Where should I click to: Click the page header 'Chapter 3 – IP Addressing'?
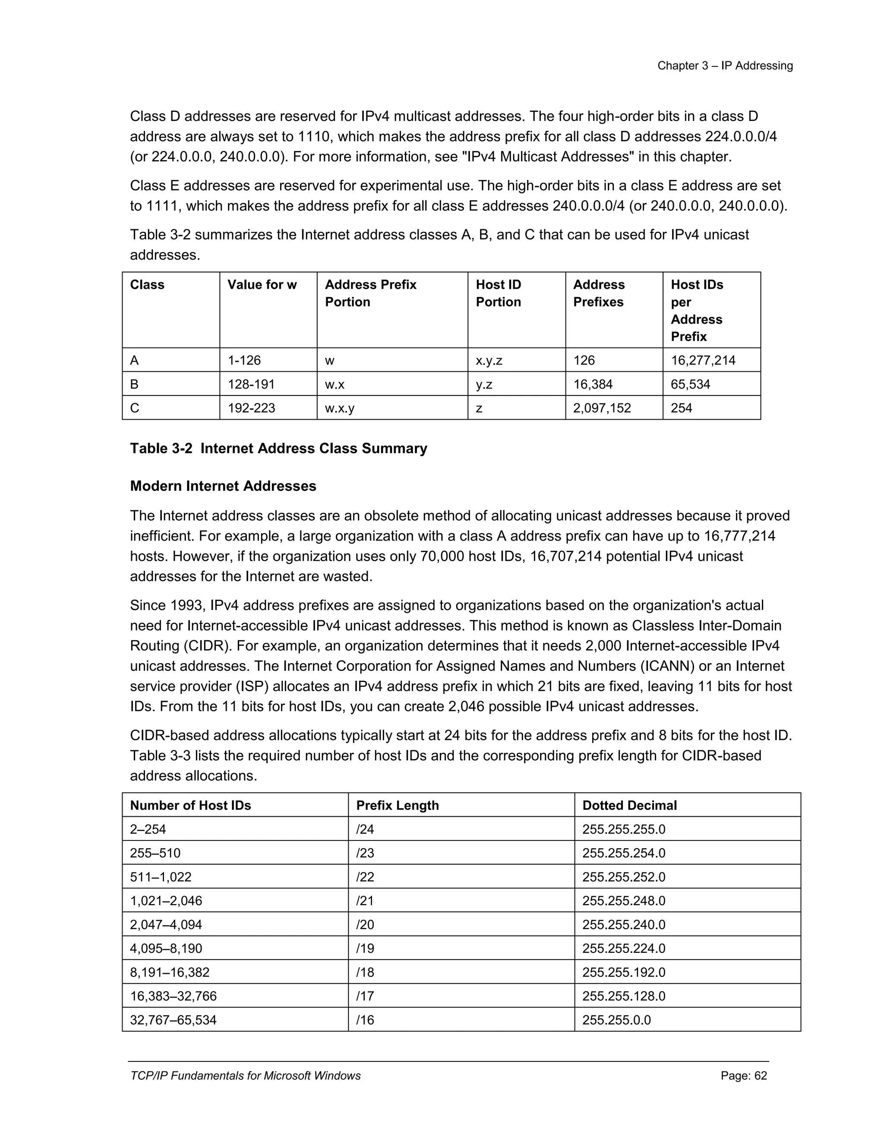click(x=725, y=66)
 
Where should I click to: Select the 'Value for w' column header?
click(x=262, y=284)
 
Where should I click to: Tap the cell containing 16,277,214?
click(x=703, y=360)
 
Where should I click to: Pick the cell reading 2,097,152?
click(x=602, y=408)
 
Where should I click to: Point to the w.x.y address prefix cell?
click(x=339, y=408)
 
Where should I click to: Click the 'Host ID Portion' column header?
click(x=498, y=293)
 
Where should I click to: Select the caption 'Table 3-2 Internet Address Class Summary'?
click(x=278, y=449)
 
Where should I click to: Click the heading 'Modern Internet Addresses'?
click(x=223, y=486)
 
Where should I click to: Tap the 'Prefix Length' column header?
click(x=398, y=805)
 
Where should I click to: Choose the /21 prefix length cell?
click(x=365, y=901)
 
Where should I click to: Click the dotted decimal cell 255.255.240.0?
click(x=624, y=925)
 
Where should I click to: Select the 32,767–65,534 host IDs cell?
click(x=174, y=1020)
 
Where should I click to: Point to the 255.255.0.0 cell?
click(x=616, y=1020)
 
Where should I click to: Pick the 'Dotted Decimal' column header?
click(x=629, y=805)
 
